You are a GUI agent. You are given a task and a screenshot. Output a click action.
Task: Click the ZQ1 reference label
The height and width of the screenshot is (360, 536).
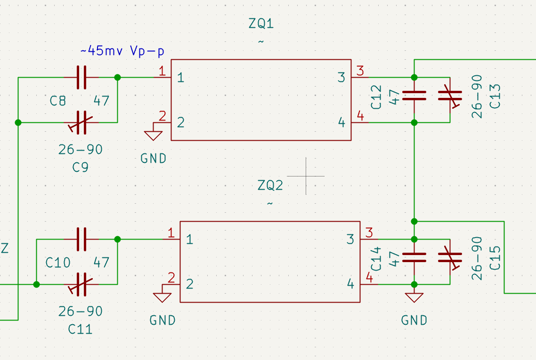tap(261, 24)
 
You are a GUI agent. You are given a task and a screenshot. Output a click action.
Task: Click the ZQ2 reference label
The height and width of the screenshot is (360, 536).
tap(270, 185)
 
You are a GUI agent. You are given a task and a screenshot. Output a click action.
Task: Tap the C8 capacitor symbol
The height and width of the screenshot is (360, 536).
tap(81, 78)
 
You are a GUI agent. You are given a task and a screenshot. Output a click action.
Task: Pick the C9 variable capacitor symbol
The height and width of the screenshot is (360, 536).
tap(81, 123)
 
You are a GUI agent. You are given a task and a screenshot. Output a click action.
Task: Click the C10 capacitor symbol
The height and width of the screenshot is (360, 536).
tap(81, 239)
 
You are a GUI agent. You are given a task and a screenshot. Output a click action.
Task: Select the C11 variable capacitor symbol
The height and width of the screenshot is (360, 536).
tap(81, 284)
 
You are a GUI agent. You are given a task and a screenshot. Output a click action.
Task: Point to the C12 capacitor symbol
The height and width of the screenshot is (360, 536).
tap(414, 96)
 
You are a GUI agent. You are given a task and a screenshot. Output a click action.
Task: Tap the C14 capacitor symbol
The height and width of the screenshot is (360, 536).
tap(414, 257)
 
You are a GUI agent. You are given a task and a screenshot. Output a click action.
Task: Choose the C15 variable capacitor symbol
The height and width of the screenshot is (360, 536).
tap(450, 257)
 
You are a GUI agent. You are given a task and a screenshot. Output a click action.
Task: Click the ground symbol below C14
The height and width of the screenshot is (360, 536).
tap(414, 298)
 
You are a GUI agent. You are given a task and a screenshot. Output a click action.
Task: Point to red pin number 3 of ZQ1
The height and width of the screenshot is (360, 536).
tap(360, 72)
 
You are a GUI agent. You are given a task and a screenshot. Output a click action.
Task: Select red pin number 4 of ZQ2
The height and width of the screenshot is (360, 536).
tap(369, 278)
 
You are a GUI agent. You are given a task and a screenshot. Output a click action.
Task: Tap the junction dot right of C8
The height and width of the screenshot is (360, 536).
tap(117, 78)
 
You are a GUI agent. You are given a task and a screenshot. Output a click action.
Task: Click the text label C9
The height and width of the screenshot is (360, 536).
tap(81, 168)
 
